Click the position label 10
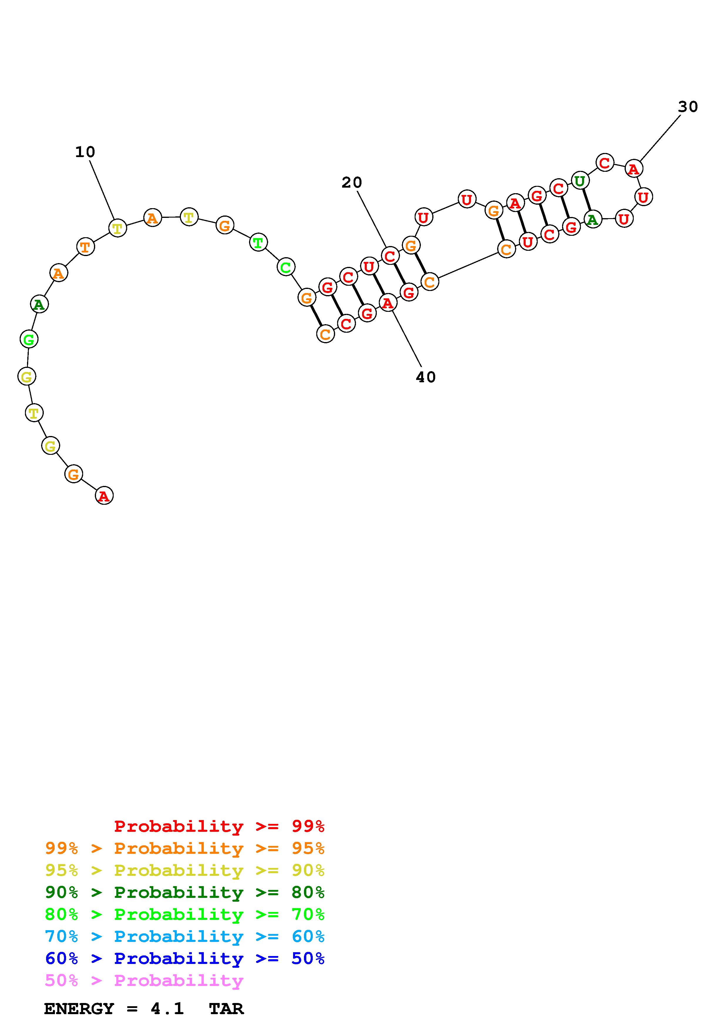85,152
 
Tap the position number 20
352,183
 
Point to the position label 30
688,107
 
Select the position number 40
426,377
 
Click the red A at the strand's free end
104,495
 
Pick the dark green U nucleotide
580,181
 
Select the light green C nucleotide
286,267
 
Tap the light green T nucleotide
258,243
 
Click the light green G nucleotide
29,339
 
